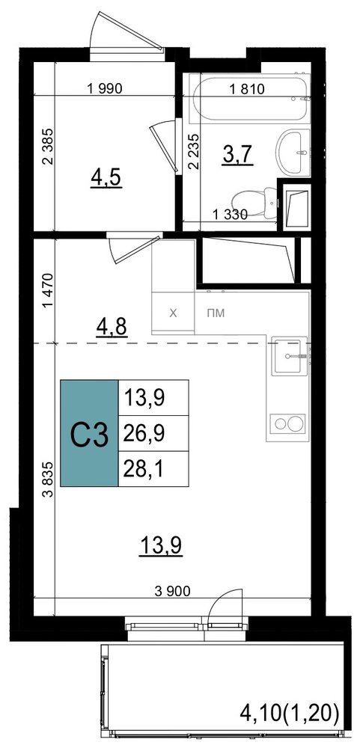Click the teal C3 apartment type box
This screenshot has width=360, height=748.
pyautogui.click(x=89, y=433)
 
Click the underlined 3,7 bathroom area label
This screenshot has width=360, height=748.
pyautogui.click(x=238, y=156)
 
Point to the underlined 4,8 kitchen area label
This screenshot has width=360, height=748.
pyautogui.click(x=112, y=328)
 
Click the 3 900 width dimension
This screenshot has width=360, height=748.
pyautogui.click(x=173, y=592)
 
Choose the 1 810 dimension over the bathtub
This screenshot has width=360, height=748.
pyautogui.click(x=247, y=88)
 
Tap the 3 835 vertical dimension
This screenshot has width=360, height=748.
pyautogui.click(x=47, y=479)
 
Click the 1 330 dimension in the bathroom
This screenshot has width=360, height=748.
pyautogui.click(x=230, y=215)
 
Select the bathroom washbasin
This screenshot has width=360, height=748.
pyautogui.click(x=292, y=153)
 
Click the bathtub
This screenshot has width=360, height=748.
pyautogui.click(x=247, y=99)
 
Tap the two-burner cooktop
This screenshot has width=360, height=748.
pyautogui.click(x=287, y=423)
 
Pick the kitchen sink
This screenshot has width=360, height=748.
pyautogui.click(x=287, y=355)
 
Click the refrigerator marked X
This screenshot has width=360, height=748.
pyautogui.click(x=174, y=313)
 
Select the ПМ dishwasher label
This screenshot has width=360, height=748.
pyautogui.click(x=216, y=313)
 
